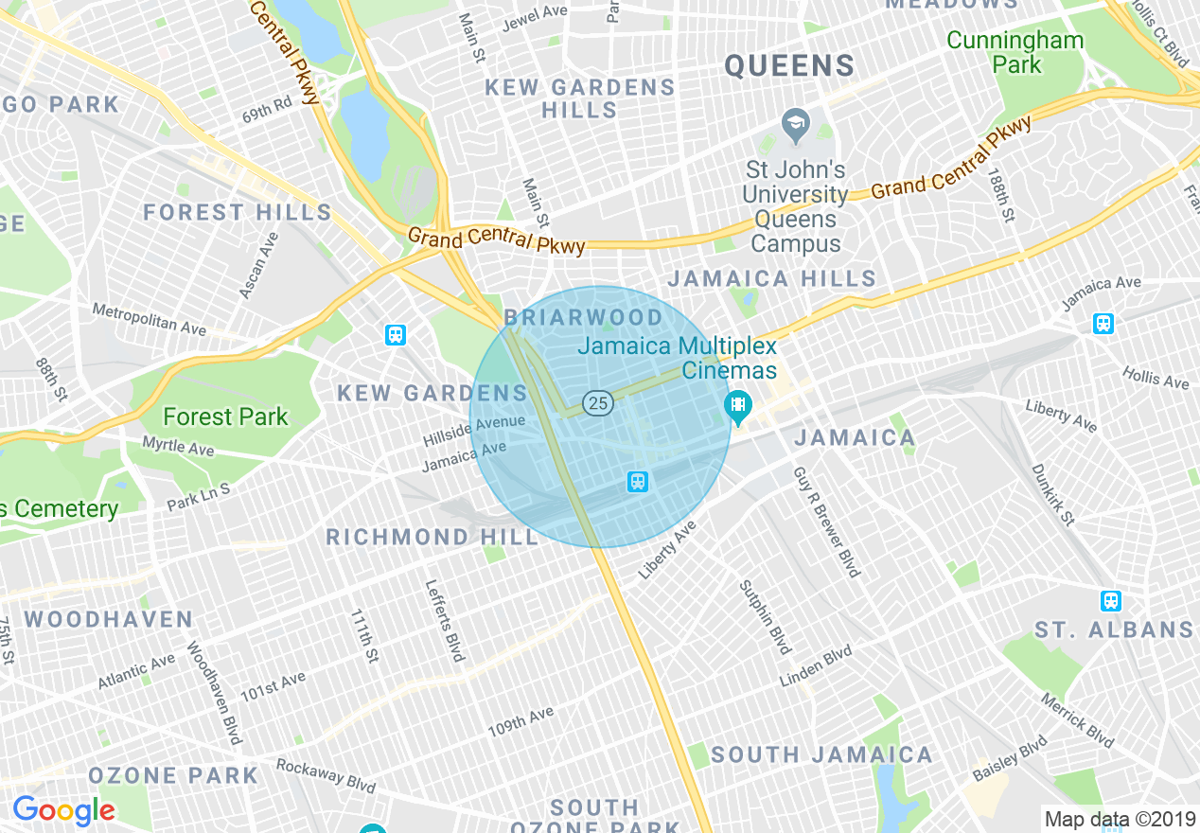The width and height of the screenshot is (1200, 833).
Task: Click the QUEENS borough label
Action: coord(789,65)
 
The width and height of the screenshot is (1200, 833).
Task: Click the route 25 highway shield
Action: coord(597,403)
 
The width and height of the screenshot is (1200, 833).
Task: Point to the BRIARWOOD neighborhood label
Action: coord(584,317)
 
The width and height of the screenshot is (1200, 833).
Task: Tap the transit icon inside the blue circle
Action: coord(638,482)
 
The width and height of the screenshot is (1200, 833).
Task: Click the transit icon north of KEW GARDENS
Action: coord(396,334)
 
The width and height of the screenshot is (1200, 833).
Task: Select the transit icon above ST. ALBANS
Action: coord(1111,600)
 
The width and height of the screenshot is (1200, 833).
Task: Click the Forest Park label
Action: coord(225,416)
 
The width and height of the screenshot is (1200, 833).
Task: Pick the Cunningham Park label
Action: coord(1015,52)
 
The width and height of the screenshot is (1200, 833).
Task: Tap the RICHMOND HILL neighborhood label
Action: coord(432,537)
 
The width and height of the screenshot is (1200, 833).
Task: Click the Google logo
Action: coord(63,810)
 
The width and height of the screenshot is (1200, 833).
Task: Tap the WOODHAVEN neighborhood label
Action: coord(109,620)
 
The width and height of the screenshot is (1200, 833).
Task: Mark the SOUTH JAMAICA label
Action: coord(821,754)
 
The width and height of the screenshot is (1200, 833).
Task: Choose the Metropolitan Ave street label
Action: coord(149,319)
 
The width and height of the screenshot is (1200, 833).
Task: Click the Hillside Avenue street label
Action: coord(473,431)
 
